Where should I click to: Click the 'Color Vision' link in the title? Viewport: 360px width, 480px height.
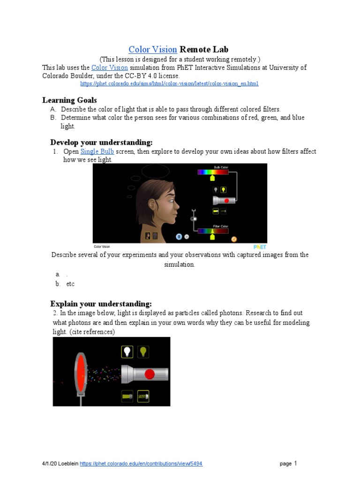tap(152, 50)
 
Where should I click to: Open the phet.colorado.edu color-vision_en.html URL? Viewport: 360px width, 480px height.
tap(169, 84)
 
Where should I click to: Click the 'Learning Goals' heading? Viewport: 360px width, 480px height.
tap(69, 100)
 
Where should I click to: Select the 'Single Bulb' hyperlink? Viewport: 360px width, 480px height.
tap(97, 151)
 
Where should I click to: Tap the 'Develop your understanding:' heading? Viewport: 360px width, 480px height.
tap(101, 142)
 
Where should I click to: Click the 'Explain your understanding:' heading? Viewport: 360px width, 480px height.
tap(101, 304)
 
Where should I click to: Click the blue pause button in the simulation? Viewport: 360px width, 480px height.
tap(179, 237)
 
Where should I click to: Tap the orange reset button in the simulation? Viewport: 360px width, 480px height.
tap(233, 239)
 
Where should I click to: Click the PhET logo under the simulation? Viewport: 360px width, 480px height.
tap(260, 247)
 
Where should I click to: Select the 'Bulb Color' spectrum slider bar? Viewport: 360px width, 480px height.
tap(213, 172)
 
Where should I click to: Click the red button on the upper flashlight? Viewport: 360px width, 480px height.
tap(226, 201)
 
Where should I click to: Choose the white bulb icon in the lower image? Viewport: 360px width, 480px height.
tap(127, 352)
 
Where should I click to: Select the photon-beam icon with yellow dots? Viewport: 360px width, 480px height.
tap(143, 396)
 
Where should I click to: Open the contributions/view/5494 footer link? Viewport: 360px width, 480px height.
tap(141, 464)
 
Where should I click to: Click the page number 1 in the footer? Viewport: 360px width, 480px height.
tap(295, 463)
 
